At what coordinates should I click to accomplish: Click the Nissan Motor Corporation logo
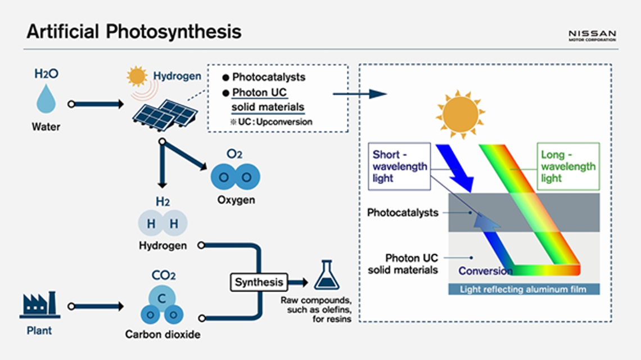(592, 35)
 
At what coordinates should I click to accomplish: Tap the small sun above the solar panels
(136, 75)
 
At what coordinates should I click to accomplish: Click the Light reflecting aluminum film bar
(523, 290)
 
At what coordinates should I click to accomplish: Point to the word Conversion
(485, 271)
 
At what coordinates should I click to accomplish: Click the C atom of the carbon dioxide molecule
(161, 299)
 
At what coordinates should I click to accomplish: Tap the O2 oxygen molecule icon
(235, 177)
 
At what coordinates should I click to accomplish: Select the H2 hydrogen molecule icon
(162, 224)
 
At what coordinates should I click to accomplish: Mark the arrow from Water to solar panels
(97, 104)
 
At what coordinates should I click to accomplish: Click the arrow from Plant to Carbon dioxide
(97, 307)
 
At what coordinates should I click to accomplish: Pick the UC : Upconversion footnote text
(271, 121)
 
